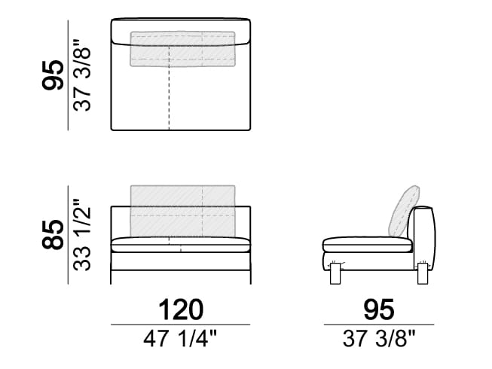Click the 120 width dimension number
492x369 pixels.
click(181, 310)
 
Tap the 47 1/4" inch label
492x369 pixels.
click(180, 339)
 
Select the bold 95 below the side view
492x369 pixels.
click(379, 310)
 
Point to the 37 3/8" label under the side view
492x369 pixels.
click(379, 339)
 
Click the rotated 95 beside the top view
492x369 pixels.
click(53, 75)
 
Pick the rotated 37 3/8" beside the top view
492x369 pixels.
click(82, 75)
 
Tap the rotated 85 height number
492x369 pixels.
click(53, 234)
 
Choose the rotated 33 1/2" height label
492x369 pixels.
click(82, 234)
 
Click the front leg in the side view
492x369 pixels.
click(335, 273)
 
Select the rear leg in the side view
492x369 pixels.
click(423, 273)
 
